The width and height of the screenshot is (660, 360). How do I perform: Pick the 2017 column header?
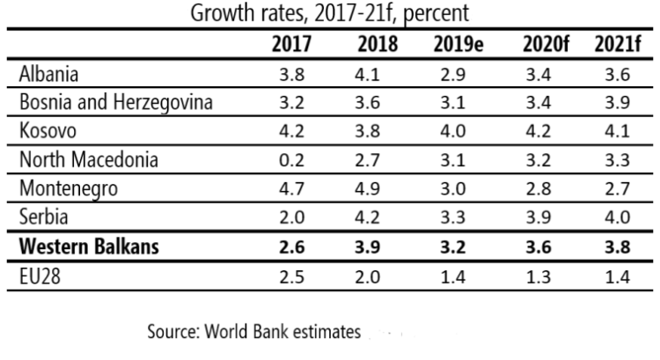point(291,45)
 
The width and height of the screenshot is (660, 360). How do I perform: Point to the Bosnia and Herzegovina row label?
point(114,102)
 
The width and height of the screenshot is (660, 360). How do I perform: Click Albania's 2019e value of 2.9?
point(455,74)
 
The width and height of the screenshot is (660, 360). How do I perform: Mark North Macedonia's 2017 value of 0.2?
point(291,160)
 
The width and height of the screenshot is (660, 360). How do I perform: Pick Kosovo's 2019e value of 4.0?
point(455,131)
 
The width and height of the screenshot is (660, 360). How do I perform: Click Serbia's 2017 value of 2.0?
point(291,218)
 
